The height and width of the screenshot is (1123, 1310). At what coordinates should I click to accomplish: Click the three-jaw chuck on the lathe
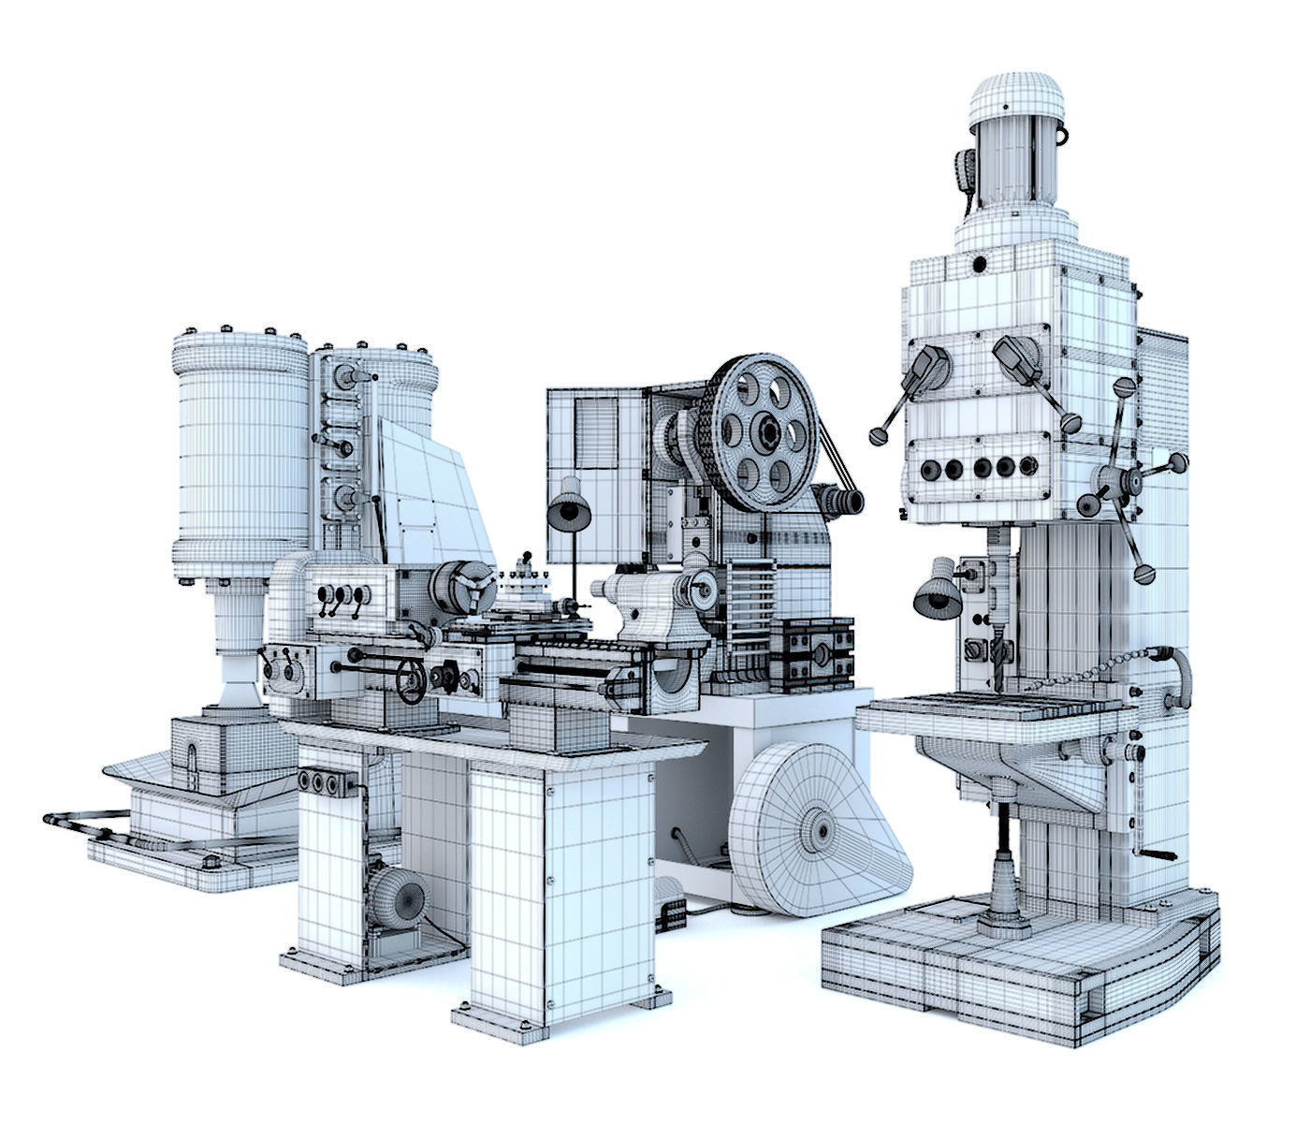[x=461, y=590]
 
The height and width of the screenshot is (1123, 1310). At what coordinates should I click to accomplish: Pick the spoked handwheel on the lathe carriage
[x=411, y=680]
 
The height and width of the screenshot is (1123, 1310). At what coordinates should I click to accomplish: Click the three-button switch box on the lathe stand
[x=324, y=782]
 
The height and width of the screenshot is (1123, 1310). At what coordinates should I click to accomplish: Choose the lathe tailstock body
[x=646, y=608]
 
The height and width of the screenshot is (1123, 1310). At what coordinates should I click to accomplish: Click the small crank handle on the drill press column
[x=1157, y=853]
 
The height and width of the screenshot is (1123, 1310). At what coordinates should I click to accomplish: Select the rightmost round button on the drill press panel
[x=1028, y=465]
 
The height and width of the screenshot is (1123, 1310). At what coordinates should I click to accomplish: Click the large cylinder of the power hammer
[x=240, y=449]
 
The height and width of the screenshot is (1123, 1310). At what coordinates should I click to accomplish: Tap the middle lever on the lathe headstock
[x=342, y=599]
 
